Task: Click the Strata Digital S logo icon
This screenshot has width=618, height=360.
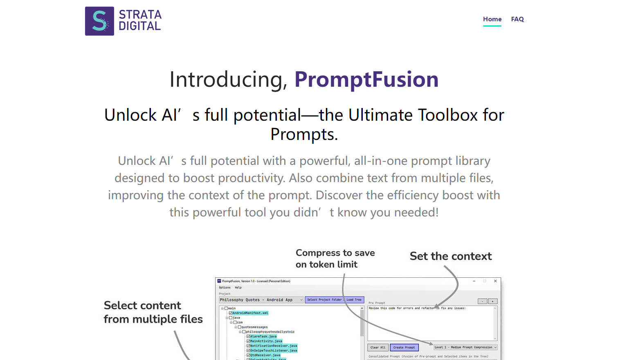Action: pyautogui.click(x=99, y=21)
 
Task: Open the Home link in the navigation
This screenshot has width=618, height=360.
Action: pyautogui.click(x=492, y=19)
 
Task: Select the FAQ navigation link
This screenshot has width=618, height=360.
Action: pyautogui.click(x=517, y=19)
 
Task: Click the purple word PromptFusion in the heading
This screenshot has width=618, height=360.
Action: pyautogui.click(x=366, y=79)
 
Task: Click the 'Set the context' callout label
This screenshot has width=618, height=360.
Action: pyautogui.click(x=451, y=256)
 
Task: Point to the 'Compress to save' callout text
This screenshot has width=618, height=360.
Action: pyautogui.click(x=335, y=253)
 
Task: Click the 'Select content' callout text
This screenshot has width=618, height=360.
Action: pyautogui.click(x=142, y=306)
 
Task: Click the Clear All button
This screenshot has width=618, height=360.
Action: pyautogui.click(x=378, y=347)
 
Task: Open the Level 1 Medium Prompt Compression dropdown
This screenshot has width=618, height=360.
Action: pyautogui.click(x=465, y=347)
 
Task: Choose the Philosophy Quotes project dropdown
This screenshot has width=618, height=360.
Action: pyautogui.click(x=261, y=300)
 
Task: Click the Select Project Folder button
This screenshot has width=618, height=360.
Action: pyautogui.click(x=324, y=300)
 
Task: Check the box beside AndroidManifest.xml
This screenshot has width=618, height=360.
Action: pyautogui.click(x=231, y=313)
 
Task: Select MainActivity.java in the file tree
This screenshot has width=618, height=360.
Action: pyautogui.click(x=266, y=341)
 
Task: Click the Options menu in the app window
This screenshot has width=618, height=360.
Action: pyautogui.click(x=225, y=288)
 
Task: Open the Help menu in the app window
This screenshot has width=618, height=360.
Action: pyautogui.click(x=238, y=288)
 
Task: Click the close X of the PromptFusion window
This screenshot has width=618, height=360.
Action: pyautogui.click(x=495, y=281)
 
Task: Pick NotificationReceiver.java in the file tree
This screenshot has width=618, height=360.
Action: pyautogui.click(x=273, y=346)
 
